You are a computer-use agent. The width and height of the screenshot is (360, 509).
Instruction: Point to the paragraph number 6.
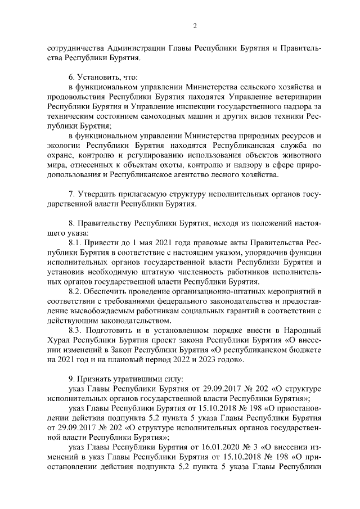71,76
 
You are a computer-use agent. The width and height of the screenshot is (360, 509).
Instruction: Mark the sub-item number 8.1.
76,242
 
